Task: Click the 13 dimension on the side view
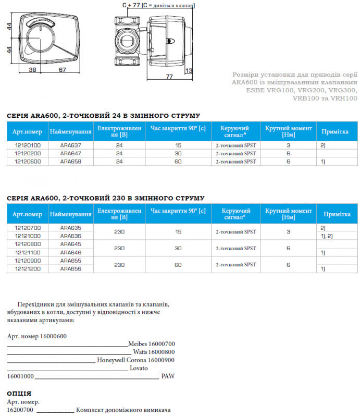(189, 70)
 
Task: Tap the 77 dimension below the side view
(169, 77)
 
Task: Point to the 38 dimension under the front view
(32, 70)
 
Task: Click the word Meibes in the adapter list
(138, 344)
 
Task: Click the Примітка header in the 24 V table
(334, 132)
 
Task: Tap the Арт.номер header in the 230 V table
(27, 214)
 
